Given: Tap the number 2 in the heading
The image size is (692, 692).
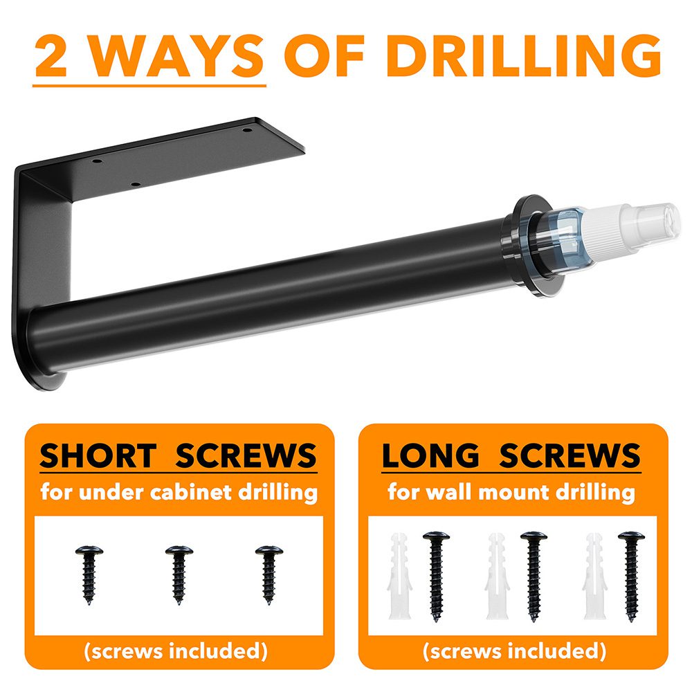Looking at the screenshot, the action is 51,57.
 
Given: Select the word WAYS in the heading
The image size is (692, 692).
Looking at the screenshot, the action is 177,57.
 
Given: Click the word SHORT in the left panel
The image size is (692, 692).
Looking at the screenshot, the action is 98,455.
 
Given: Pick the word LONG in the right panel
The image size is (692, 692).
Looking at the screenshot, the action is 430,455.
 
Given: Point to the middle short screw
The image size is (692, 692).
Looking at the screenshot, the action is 179,574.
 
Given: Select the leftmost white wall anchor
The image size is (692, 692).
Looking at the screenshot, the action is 399,576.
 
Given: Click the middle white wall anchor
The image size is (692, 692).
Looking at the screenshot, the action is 498,576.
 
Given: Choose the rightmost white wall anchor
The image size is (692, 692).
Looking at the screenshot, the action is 595,576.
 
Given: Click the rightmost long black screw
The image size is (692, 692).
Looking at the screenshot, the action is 631,576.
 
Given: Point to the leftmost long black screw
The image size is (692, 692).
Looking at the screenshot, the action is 436,576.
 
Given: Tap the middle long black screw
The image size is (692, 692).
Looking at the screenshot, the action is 534,576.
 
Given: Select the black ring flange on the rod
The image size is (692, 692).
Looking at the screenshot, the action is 527,245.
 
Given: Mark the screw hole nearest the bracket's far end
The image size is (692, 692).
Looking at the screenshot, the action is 247,131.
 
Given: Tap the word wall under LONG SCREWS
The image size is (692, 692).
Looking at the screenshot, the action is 450,491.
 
